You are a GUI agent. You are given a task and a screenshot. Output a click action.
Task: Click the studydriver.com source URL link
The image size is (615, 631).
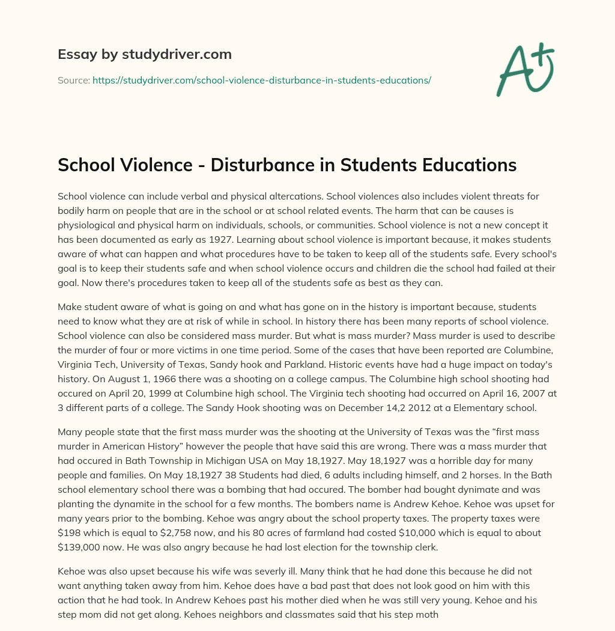point(261,80)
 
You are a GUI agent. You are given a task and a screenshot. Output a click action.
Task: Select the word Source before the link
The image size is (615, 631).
point(73,80)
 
